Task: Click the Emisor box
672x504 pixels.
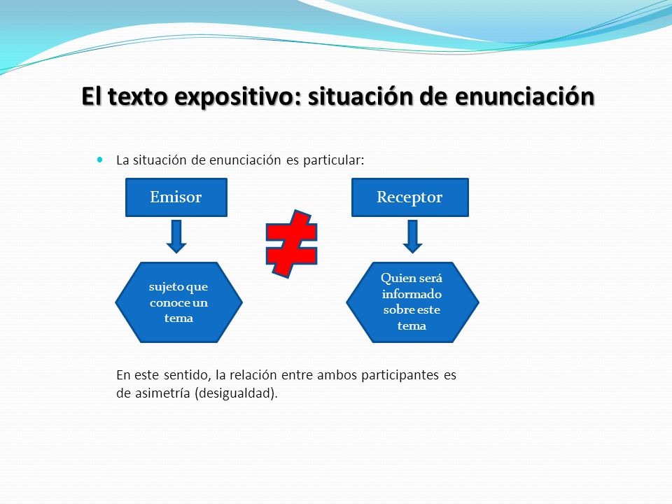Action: [176, 197]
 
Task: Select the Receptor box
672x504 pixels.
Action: [410, 197]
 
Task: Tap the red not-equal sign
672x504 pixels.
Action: [291, 244]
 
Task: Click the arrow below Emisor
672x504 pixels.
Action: [176, 236]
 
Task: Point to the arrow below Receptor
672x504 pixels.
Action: [413, 236]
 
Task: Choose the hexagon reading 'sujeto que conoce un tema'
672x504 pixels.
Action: [178, 302]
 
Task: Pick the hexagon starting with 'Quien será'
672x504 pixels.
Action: [412, 302]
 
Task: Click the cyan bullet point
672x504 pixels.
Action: [100, 160]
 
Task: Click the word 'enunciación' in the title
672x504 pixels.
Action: [524, 96]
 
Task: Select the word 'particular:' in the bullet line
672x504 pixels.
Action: [333, 160]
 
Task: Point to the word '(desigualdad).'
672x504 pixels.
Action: [236, 393]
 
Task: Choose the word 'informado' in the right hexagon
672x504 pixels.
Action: [412, 294]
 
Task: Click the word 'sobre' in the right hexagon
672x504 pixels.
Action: [396, 310]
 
